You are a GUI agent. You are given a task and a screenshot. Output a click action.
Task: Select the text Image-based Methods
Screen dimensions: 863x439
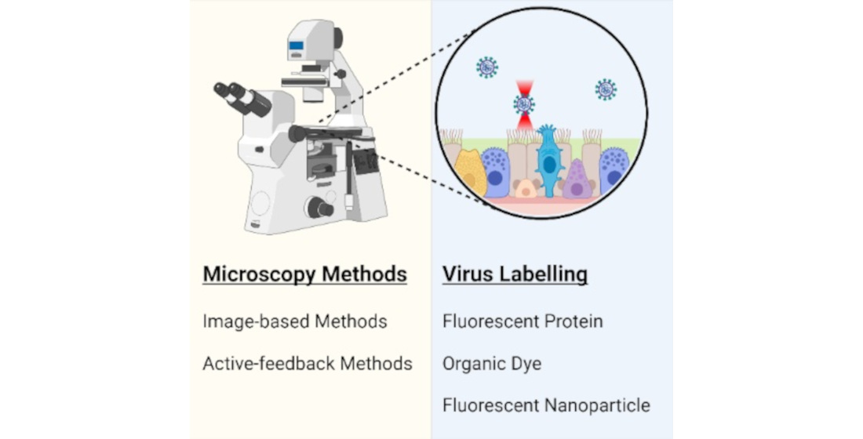coord(295,321)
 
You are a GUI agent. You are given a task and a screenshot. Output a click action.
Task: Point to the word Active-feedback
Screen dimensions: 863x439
coord(268,364)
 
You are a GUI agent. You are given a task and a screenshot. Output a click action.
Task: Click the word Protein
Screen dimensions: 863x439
coord(574,321)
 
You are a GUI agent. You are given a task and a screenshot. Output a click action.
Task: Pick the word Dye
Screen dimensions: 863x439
coord(528,365)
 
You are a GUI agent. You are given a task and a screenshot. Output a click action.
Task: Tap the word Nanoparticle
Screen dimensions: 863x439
coord(597,406)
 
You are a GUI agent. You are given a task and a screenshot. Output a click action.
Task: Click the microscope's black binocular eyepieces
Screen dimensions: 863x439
coord(241,99)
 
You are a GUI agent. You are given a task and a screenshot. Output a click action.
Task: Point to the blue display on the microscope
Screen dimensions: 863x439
coord(296,45)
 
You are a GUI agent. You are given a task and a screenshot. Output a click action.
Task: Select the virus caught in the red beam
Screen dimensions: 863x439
coord(523,104)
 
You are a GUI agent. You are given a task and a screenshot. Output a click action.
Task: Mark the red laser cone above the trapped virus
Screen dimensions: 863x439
coord(524,88)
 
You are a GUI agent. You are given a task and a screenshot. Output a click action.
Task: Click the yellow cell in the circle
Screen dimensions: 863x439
coord(471,172)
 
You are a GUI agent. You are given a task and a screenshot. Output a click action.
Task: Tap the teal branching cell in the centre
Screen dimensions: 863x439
coord(548,161)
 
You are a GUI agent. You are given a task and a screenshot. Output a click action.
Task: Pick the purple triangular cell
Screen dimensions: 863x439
coord(577,180)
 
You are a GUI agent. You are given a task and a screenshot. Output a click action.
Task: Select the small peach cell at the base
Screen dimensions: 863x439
coord(526,188)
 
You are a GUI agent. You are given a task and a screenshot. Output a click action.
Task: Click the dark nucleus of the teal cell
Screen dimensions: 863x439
coord(549,165)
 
